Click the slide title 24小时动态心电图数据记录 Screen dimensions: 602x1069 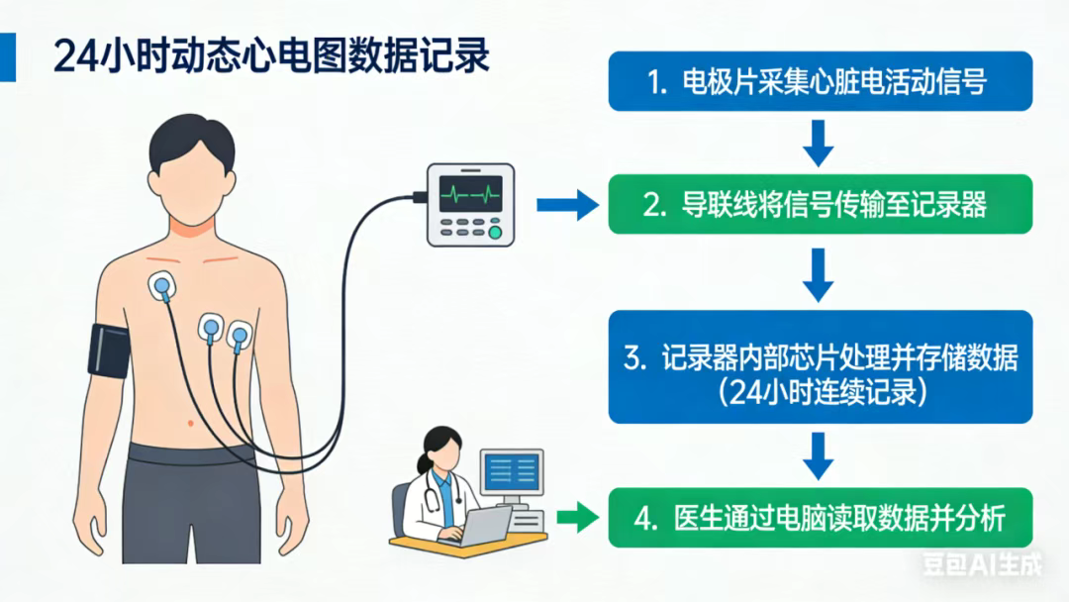[272, 56]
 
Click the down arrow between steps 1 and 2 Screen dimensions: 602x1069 [818, 143]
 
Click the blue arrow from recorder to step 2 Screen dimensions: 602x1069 [567, 205]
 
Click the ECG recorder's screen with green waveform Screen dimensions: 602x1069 [471, 192]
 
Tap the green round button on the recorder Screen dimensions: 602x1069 [496, 233]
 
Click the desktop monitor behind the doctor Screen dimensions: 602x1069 [512, 470]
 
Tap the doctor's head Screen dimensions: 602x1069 [437, 451]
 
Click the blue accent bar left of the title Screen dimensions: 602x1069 [8, 55]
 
